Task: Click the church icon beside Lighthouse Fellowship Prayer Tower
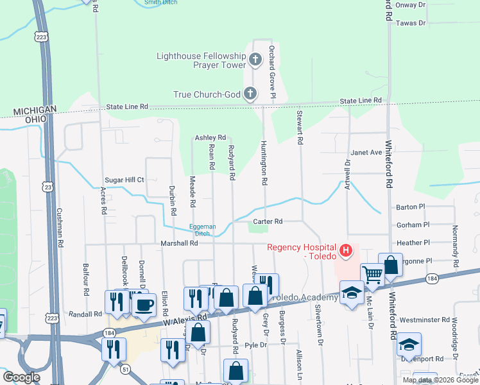click(255, 61)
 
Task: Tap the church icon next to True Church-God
click(250, 94)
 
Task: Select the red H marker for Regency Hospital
click(346, 249)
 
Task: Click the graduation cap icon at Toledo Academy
click(351, 293)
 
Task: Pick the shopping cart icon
click(372, 275)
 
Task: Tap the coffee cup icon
click(144, 304)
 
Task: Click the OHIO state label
click(35, 119)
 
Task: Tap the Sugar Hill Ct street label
click(125, 181)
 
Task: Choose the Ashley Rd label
click(210, 138)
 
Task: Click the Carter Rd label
click(268, 221)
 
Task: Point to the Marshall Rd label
click(179, 243)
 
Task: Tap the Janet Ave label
click(366, 153)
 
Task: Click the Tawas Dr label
click(411, 23)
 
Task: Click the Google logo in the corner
click(21, 377)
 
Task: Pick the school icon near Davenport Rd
click(409, 344)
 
